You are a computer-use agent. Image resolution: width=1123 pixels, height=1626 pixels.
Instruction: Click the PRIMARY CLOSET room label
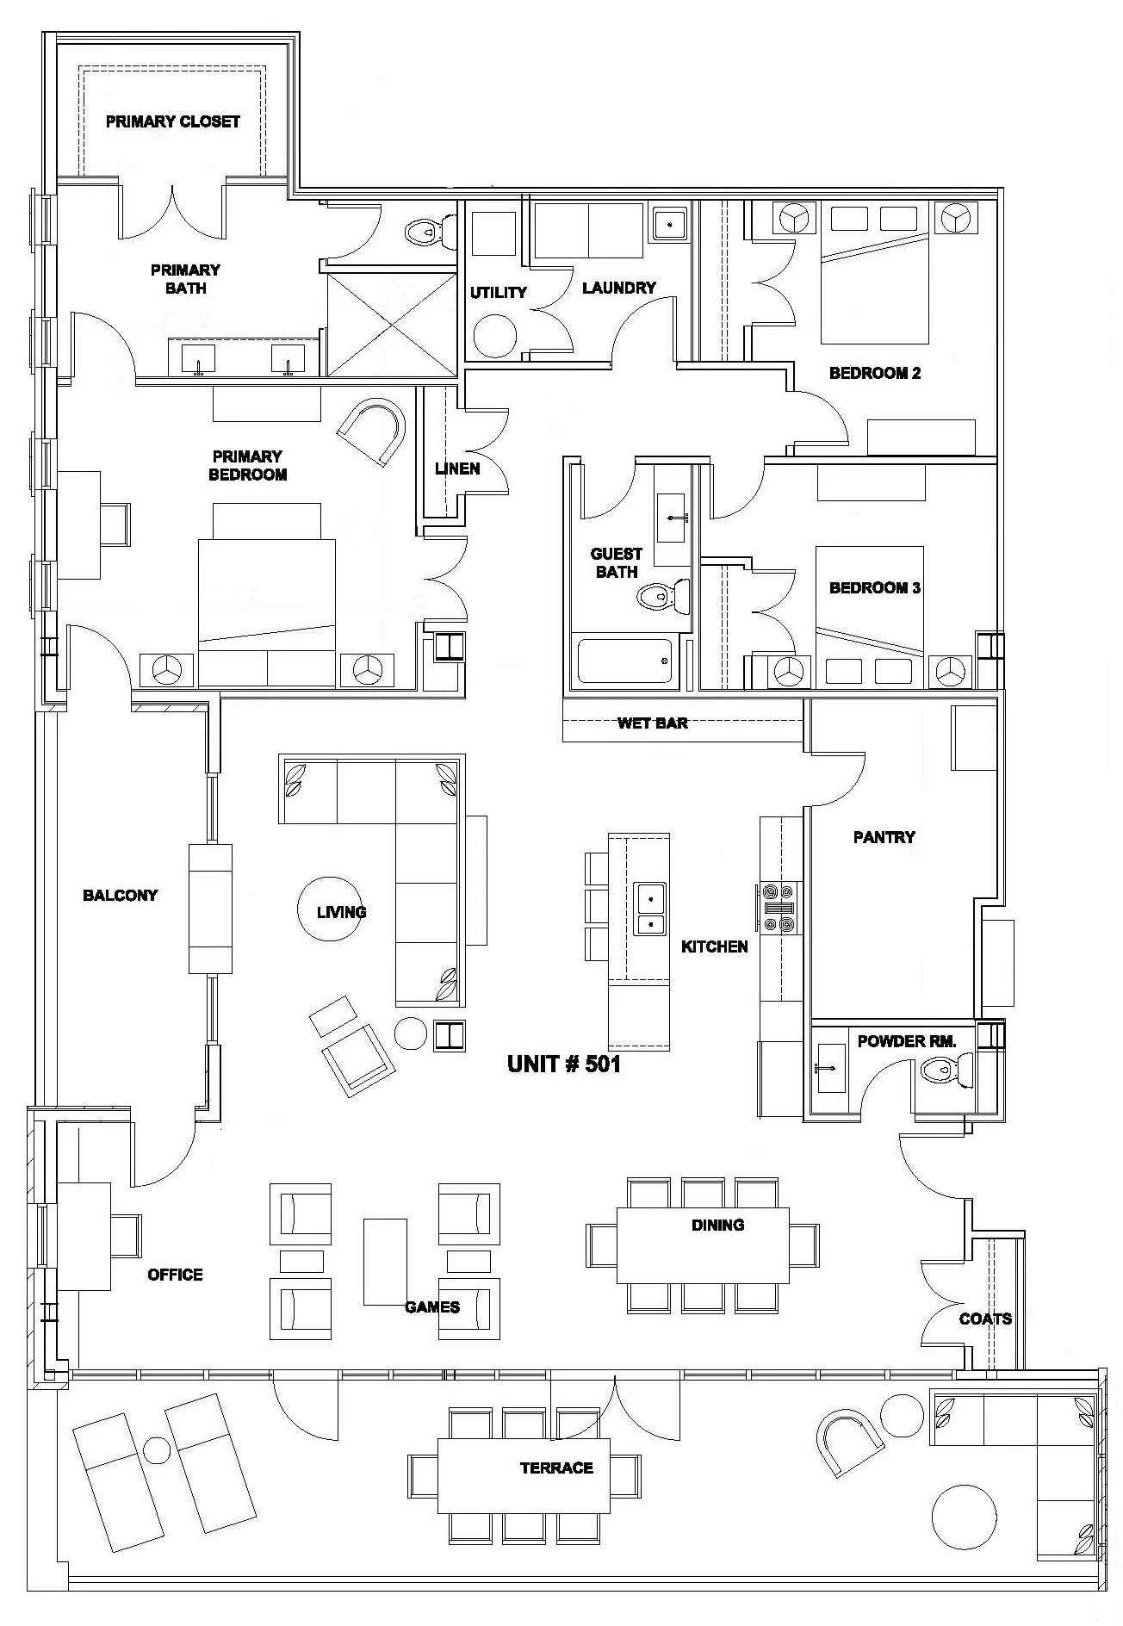[x=172, y=121]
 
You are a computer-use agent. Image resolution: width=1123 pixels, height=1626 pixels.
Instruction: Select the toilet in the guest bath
[x=662, y=593]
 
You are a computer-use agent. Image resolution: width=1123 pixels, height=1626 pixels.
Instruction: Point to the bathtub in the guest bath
[x=624, y=661]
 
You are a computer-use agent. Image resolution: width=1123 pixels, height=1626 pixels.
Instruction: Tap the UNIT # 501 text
[x=563, y=1064]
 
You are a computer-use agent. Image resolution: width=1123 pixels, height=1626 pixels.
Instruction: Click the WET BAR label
[x=652, y=723]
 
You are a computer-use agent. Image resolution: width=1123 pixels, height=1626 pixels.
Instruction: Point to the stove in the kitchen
[x=779, y=908]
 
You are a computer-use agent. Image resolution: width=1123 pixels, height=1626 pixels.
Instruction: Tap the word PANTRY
[x=884, y=836]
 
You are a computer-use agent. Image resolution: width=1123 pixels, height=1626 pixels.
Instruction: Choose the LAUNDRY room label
[x=618, y=288]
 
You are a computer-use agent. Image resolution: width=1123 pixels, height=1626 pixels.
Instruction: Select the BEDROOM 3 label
[x=874, y=588]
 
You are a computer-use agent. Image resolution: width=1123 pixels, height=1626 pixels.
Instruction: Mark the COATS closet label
[x=985, y=1319]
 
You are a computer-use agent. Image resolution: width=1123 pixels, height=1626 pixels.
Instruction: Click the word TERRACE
[x=556, y=1468]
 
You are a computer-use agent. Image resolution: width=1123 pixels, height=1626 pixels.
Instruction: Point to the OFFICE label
[x=175, y=1275]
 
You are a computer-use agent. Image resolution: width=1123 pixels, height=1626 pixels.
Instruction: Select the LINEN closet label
[x=457, y=469]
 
